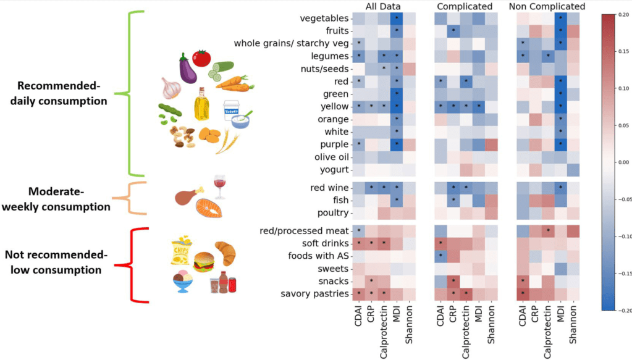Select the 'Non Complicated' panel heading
(547, 6)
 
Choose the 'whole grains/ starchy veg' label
(290, 43)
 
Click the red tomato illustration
(201, 58)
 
